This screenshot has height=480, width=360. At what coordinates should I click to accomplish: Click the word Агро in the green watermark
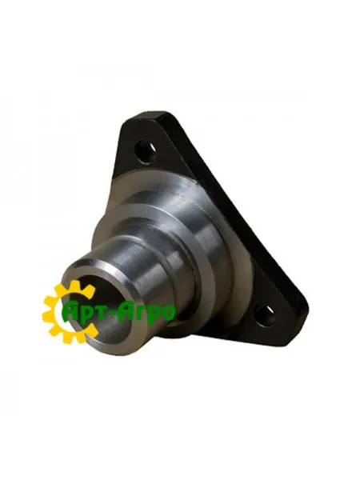click(x=145, y=312)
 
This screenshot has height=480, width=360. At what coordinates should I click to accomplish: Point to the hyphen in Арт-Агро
click(x=116, y=312)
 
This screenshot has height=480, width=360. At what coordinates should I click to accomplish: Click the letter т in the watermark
click(x=105, y=314)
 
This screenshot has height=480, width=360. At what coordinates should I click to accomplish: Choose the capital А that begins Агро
click(x=126, y=311)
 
